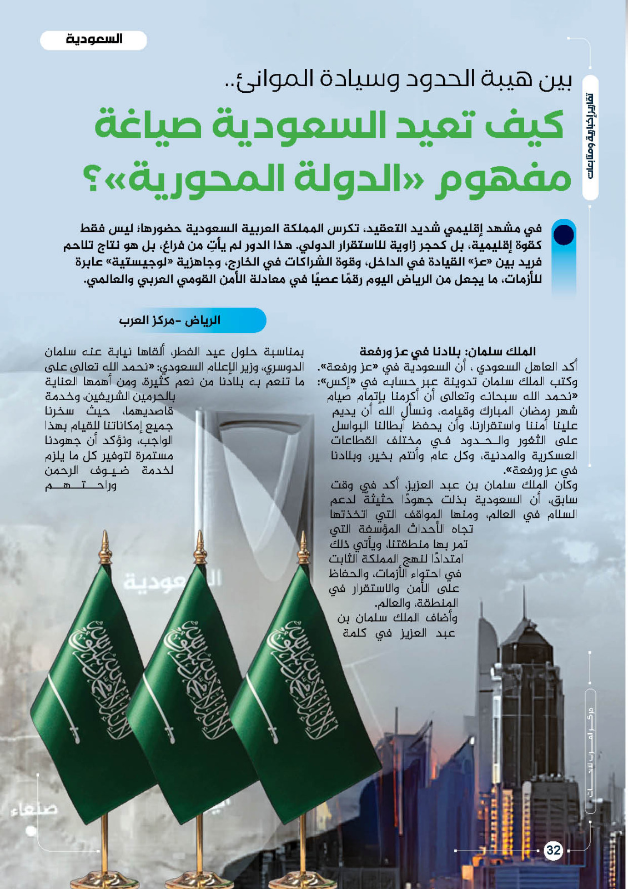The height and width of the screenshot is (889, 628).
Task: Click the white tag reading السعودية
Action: [93, 40]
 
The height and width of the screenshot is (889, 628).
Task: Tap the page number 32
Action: [554, 850]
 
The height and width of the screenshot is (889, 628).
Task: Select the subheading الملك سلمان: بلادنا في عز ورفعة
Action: [448, 351]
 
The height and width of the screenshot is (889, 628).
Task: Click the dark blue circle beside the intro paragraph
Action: [564, 234]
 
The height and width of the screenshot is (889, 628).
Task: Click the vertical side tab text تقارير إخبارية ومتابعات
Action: [591, 136]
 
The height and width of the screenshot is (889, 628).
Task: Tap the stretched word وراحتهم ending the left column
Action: [81, 486]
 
